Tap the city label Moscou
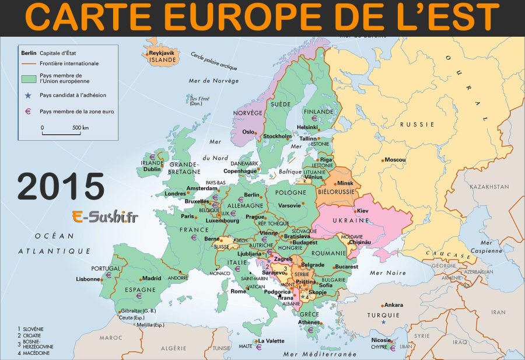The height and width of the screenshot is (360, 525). click(395, 160)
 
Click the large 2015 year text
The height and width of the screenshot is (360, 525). click(61, 187)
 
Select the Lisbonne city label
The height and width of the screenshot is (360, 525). click(88, 279)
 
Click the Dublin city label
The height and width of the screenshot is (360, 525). click(152, 169)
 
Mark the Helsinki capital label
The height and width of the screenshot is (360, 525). click(307, 127)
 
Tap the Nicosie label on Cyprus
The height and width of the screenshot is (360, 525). click(381, 340)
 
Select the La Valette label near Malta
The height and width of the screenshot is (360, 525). click(270, 341)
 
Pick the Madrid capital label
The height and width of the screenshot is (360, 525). click(152, 278)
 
